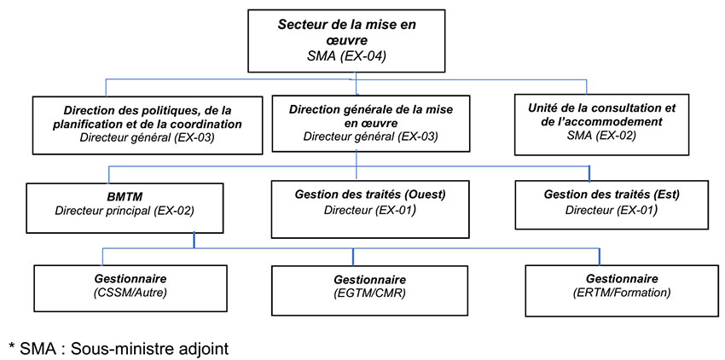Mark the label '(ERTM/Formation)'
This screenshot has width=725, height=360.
(622, 293)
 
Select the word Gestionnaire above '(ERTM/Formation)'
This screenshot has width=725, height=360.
(622, 279)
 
